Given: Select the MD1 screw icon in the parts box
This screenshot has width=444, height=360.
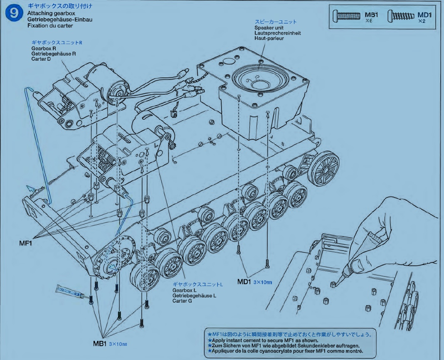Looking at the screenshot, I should (x=401, y=17).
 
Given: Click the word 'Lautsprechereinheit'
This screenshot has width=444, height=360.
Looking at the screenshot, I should (x=278, y=33).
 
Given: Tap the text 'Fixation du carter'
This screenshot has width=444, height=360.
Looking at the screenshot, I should (x=50, y=25).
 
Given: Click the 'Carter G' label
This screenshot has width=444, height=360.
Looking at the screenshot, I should (x=183, y=301).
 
